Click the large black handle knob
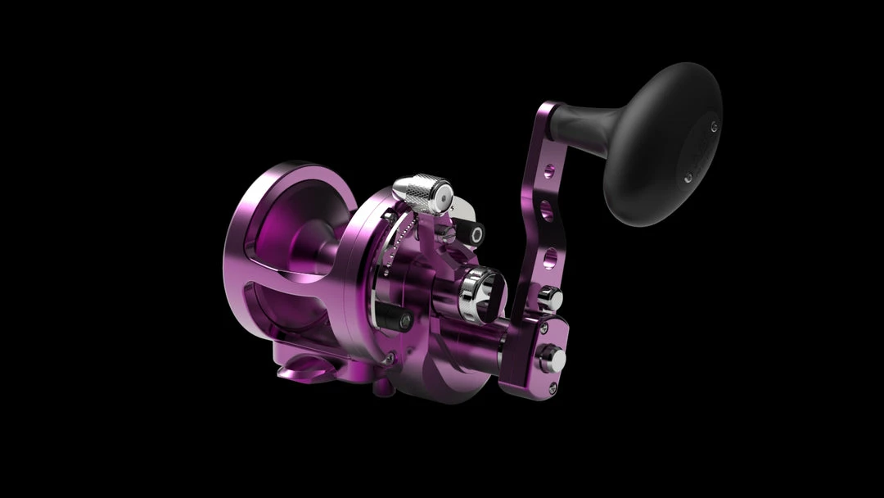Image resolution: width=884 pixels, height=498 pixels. click(x=663, y=143)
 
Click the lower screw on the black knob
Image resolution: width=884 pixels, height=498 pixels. click(x=686, y=177)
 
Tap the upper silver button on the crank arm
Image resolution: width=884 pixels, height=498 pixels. click(x=554, y=298)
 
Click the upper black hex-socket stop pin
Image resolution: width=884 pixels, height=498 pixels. click(x=470, y=233)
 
